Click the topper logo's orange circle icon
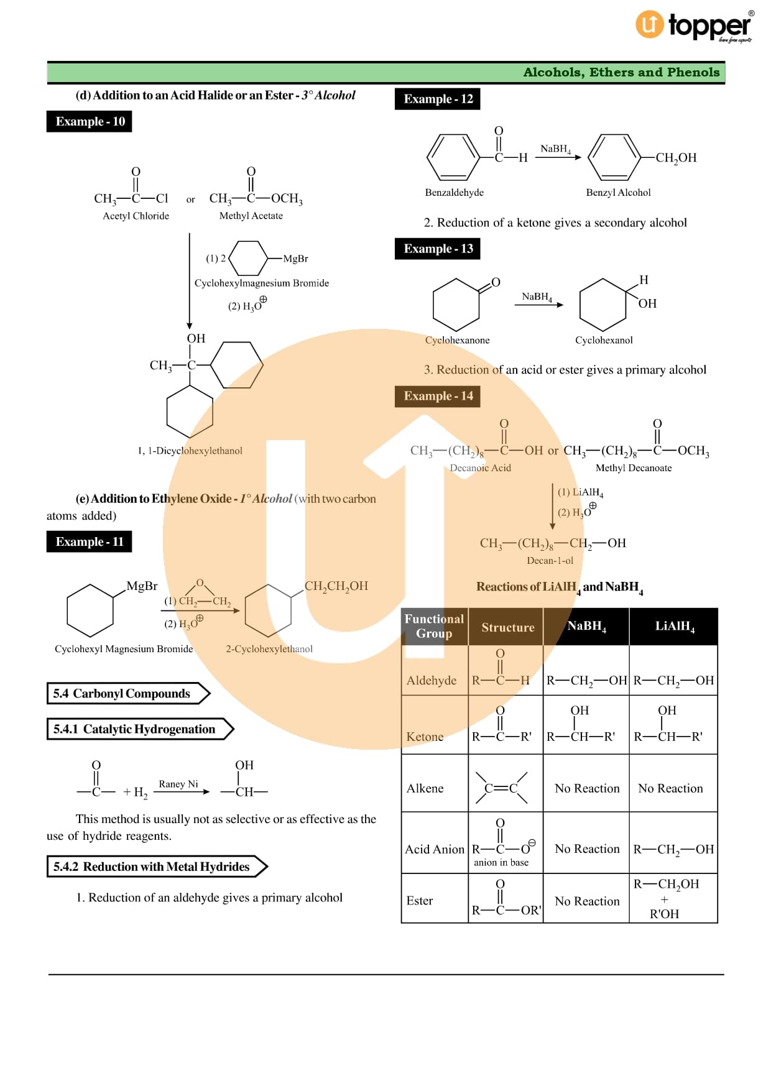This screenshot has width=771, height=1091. click(x=649, y=24)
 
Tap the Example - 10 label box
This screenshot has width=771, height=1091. click(x=89, y=121)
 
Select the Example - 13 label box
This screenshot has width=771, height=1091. click(x=438, y=249)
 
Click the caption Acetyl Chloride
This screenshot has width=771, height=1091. click(x=136, y=216)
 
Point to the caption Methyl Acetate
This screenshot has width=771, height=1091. click(x=251, y=216)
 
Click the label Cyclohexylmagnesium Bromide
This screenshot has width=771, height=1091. click(x=261, y=283)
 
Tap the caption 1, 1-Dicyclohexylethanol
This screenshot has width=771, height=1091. click(x=190, y=451)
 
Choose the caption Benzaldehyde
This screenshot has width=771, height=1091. click(x=454, y=193)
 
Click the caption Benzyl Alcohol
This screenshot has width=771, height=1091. click(x=618, y=193)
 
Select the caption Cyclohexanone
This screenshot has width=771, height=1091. click(x=457, y=340)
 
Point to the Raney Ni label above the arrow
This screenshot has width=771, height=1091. click(x=178, y=784)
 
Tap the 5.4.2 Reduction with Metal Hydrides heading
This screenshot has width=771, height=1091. click(x=152, y=867)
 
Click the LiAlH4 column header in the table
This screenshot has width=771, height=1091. click(x=674, y=627)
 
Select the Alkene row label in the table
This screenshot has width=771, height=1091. click(x=425, y=788)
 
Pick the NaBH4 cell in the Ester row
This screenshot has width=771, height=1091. click(x=587, y=901)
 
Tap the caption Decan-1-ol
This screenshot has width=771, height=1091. click(x=550, y=561)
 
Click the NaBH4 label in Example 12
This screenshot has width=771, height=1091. click(x=555, y=149)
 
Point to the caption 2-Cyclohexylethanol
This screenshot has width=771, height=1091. click(x=269, y=649)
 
